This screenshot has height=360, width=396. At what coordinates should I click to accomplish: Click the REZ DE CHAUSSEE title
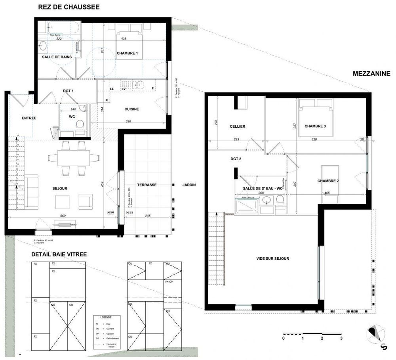click(69, 7)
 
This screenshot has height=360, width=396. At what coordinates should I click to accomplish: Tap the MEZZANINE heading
click(371, 73)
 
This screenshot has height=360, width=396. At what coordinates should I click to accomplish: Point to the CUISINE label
click(131, 109)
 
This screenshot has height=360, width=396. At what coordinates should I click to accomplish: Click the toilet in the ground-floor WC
click(80, 124)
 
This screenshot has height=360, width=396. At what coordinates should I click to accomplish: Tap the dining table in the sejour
click(73, 158)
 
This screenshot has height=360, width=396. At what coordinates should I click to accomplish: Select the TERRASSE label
click(147, 185)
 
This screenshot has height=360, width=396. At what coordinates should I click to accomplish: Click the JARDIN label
click(189, 185)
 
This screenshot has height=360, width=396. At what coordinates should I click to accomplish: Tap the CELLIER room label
click(238, 126)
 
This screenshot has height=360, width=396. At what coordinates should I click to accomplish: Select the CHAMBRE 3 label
click(315, 126)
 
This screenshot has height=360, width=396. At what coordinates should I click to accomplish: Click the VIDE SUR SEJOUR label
click(272, 259)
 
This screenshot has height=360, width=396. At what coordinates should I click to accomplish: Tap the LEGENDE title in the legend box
click(106, 318)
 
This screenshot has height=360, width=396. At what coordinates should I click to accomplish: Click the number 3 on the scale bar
click(341, 339)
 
